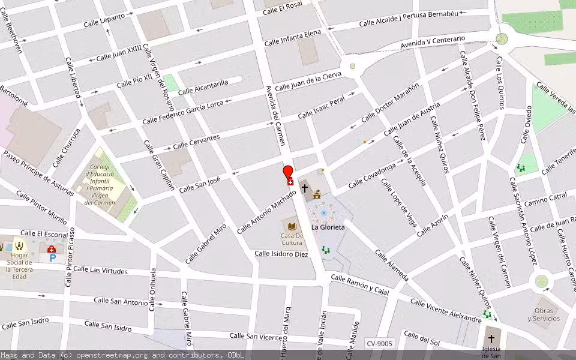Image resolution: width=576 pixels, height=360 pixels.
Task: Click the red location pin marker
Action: (x=288, y=172)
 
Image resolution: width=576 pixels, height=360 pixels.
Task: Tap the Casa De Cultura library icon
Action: (x=292, y=226)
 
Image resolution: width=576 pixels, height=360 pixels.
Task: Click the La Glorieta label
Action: (x=328, y=227)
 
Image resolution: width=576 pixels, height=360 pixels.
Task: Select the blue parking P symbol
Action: (x=53, y=258)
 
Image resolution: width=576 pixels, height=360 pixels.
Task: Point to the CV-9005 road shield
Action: (x=379, y=344)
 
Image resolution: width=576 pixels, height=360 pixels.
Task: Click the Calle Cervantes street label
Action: (x=196, y=143)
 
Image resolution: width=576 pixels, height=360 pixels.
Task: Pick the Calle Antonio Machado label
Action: (x=266, y=212)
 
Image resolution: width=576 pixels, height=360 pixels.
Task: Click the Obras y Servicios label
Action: (x=544, y=314)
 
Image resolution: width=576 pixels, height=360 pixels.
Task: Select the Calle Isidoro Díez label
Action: (x=281, y=254)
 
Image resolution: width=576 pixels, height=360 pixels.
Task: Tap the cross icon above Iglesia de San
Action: (x=491, y=338)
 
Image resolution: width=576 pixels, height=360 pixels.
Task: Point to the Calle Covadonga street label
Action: (x=372, y=174)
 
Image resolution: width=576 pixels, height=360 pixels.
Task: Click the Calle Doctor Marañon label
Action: (x=390, y=103)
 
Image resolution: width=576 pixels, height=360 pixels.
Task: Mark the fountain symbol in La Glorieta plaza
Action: (x=323, y=212)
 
